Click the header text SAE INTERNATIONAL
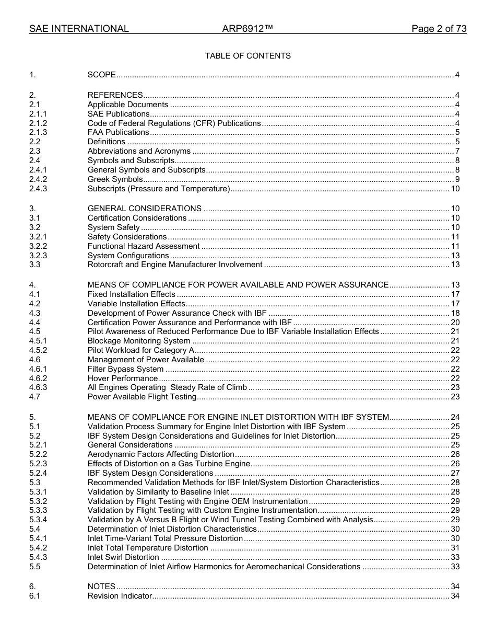coord(79,29)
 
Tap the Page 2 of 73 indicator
coord(439,29)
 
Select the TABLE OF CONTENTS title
coord(247,56)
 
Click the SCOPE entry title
coord(101,75)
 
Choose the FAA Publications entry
coord(118,132)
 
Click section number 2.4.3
coord(38,189)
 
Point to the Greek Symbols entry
coord(115,179)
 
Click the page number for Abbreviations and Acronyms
coord(457,151)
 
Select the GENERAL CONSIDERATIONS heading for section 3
coord(144,209)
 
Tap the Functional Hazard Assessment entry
coord(144,246)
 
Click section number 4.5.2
coord(38,350)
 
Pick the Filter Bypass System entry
coord(125,369)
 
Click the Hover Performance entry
coord(123,378)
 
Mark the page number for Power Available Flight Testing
coord(455,397)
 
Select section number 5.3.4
coord(38,520)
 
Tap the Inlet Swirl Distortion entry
coord(123,557)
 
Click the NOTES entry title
coord(101,587)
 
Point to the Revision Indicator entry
coord(120,596)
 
